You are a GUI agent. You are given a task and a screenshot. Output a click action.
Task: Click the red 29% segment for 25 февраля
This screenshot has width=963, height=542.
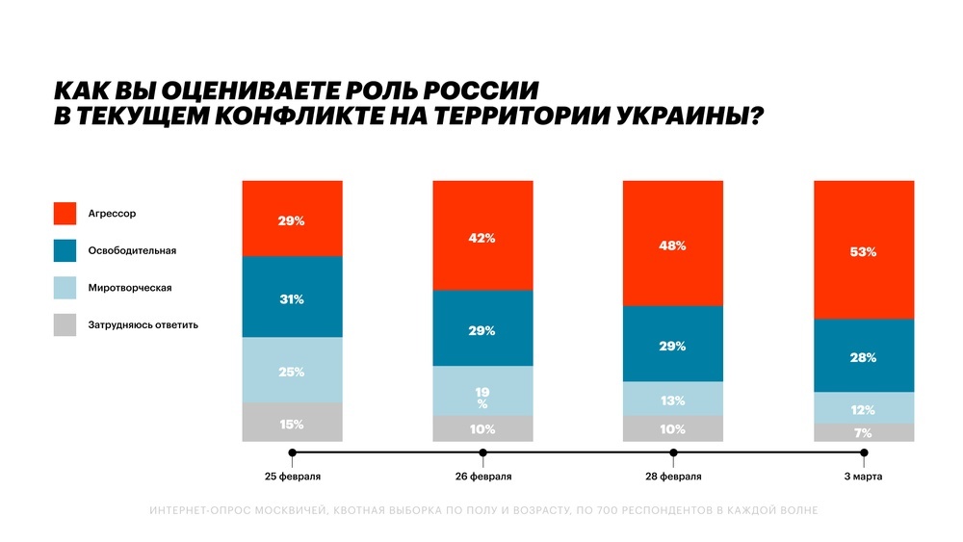[x=292, y=219]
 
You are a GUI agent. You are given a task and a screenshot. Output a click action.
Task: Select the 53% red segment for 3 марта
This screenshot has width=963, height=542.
[x=863, y=250]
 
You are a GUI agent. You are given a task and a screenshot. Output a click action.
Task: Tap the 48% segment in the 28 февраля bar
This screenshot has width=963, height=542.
[x=673, y=244]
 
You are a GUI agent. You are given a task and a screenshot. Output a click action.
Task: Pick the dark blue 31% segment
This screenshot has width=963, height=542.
[x=292, y=297]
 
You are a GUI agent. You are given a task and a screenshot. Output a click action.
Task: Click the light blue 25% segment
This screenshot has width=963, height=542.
[x=292, y=371]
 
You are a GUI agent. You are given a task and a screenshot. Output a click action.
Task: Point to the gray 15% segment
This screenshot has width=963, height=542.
[x=292, y=423]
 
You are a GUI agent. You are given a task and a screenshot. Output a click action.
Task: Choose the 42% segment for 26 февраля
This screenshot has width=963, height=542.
[x=482, y=236]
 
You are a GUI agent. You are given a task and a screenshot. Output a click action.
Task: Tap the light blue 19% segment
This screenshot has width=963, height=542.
[x=482, y=391]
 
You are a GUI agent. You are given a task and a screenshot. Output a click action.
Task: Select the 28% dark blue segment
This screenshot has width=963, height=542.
[x=863, y=356]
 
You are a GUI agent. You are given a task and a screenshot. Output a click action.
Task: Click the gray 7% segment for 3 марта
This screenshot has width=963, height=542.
[x=863, y=433]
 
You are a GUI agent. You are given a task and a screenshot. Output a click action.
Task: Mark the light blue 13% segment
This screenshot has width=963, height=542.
[x=673, y=399]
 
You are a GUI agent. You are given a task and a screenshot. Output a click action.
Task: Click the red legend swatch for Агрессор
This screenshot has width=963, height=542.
[x=65, y=213]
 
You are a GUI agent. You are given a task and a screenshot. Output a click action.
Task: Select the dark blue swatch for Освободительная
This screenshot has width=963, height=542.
[x=65, y=250]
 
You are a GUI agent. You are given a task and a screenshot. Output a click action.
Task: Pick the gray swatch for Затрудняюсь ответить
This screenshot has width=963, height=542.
[x=65, y=324]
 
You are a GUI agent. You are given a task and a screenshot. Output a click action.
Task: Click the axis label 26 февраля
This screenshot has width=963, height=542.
[x=482, y=477]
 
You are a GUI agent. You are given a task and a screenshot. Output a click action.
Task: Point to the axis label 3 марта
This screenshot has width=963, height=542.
[x=863, y=477]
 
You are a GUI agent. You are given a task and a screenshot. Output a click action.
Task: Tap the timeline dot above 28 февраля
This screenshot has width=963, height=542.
[x=673, y=452]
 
